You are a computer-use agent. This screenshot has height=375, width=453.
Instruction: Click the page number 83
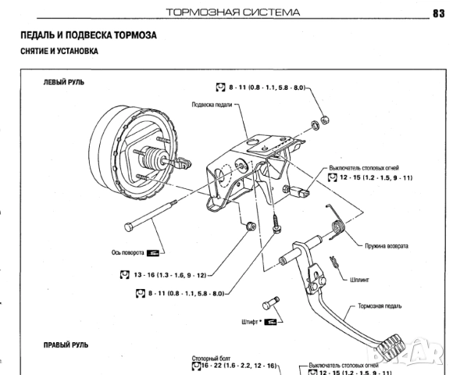(x=437, y=12)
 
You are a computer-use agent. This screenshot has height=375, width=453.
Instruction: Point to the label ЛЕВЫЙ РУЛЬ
(x=63, y=82)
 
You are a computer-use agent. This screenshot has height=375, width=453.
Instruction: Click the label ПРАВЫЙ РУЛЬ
(x=66, y=344)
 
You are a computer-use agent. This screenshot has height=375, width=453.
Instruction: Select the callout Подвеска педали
(x=212, y=104)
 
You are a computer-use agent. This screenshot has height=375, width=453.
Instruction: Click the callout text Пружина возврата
(x=386, y=245)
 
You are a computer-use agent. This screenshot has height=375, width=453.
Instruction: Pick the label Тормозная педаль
(x=381, y=306)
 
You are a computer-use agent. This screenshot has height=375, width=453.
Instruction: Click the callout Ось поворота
(x=127, y=252)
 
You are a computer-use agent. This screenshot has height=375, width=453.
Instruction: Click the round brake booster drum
(x=117, y=148)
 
